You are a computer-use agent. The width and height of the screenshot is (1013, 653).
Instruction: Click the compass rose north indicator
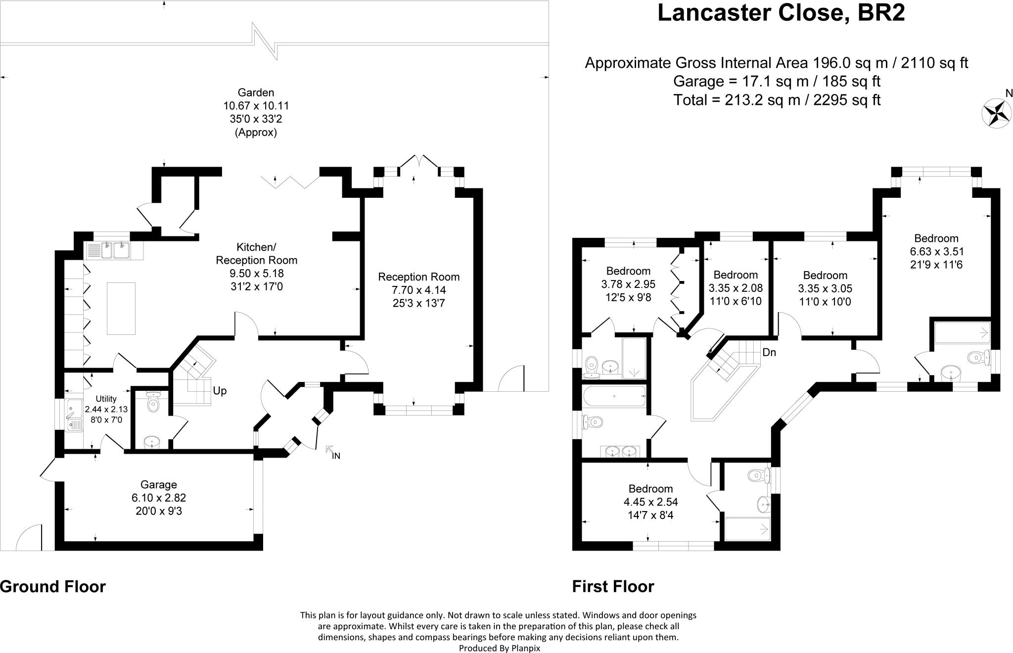click(x=995, y=113)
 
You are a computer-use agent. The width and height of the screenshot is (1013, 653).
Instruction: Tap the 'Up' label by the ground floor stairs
click(x=220, y=391)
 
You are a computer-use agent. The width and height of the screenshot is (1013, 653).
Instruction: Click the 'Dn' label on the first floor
click(x=769, y=353)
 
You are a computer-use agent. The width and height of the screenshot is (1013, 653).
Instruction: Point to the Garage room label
click(x=158, y=485)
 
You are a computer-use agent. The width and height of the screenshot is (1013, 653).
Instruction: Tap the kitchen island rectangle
click(x=121, y=308)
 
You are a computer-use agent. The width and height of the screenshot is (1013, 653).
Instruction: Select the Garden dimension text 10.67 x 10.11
click(x=256, y=106)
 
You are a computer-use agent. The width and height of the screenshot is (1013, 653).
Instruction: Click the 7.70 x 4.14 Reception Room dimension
click(x=419, y=290)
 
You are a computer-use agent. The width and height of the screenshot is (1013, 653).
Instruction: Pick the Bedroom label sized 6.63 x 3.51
click(x=936, y=238)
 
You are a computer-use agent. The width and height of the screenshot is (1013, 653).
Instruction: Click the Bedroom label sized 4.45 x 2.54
click(x=650, y=489)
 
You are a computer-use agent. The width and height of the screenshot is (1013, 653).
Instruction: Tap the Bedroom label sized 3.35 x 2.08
click(x=736, y=275)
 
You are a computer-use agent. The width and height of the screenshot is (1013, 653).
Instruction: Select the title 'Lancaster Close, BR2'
click(x=781, y=13)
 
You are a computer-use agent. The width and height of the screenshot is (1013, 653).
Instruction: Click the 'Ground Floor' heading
click(x=53, y=587)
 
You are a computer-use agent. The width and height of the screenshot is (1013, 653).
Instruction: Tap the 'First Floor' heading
click(x=613, y=587)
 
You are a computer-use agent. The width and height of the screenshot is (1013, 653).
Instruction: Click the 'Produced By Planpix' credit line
click(x=499, y=648)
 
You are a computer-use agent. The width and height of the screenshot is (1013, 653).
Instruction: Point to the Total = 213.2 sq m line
click(x=777, y=100)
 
